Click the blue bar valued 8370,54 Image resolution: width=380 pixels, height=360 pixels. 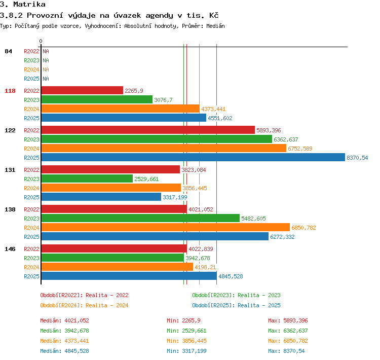point(193,157)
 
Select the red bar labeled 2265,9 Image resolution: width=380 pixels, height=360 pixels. point(82,90)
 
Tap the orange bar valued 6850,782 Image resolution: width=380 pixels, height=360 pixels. point(166,227)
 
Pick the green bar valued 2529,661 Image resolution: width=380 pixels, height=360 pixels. point(87,178)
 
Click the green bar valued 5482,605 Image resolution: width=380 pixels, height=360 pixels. point(140,218)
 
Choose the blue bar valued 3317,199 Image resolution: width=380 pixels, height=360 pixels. point(101,197)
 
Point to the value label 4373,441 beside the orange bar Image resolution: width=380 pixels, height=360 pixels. point(213,109)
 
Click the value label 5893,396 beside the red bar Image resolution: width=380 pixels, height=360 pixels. point(269,130)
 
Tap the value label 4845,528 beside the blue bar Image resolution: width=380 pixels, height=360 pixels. point(231,276)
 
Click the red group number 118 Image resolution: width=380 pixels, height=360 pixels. point(10,91)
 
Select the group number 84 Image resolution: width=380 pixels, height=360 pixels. point(8,51)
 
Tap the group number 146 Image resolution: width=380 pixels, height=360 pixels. point(10,249)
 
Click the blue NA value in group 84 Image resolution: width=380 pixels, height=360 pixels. point(46,79)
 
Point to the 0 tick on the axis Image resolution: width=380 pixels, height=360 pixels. point(41,41)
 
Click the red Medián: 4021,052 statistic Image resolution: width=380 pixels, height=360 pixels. point(64,320)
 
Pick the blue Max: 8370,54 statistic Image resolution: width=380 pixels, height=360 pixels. point(286,351)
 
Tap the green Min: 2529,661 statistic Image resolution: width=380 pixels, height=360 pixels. point(186,331)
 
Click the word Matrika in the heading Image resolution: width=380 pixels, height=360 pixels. point(29,4)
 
